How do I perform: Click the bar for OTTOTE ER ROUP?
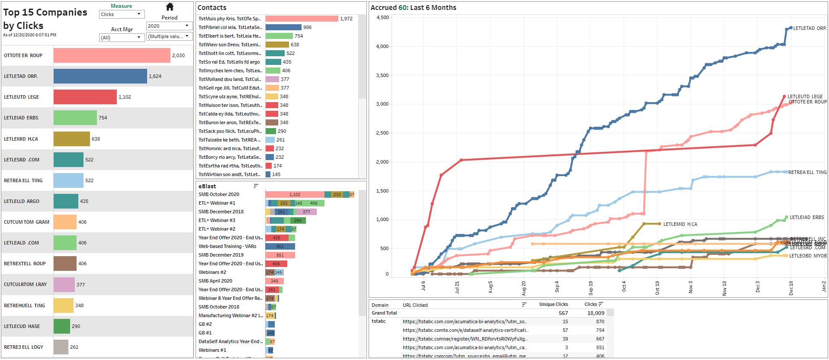click(112, 55)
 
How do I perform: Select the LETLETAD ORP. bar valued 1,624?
click(100, 76)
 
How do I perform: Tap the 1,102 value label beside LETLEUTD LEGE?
click(125, 97)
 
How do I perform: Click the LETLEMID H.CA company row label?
click(21, 139)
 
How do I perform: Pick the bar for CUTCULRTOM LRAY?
click(64, 284)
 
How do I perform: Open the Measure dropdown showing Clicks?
click(121, 14)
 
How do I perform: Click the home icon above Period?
click(170, 7)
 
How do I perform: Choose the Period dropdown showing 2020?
click(169, 26)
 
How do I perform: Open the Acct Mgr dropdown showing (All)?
click(121, 38)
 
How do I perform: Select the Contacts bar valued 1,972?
click(302, 19)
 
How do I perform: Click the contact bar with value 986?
click(283, 27)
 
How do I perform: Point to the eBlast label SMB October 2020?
click(219, 194)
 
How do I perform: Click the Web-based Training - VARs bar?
click(280, 246)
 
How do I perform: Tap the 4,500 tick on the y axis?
click(382, 18)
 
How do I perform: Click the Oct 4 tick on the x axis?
click(624, 286)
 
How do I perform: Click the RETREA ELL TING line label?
click(807, 172)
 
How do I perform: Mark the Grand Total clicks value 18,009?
click(595, 313)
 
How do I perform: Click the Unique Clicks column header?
click(553, 305)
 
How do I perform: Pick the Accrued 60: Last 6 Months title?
click(413, 7)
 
